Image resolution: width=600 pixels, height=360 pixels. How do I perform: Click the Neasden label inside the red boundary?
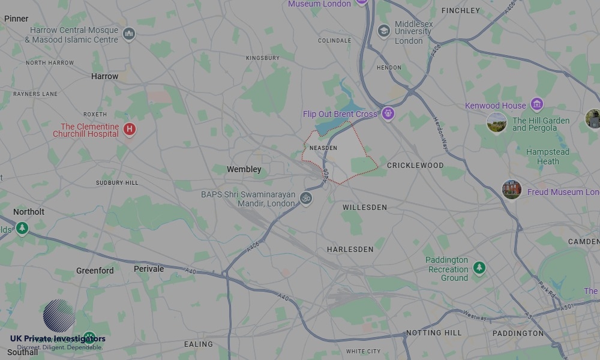pyautogui.click(x=323, y=148)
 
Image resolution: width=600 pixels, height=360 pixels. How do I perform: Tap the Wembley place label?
pyautogui.click(x=244, y=170)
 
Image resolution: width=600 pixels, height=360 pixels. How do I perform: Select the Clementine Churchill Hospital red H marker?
pyautogui.click(x=129, y=129)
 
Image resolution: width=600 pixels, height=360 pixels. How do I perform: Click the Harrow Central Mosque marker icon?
pyautogui.click(x=128, y=34)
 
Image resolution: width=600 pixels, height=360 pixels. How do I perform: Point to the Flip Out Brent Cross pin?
pyautogui.click(x=388, y=113)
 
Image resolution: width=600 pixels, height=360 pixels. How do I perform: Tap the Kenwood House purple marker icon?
pyautogui.click(x=536, y=104)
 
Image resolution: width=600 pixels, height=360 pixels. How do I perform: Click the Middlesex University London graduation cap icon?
pyautogui.click(x=384, y=31)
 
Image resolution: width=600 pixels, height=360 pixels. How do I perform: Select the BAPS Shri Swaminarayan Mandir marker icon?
pyautogui.click(x=306, y=198)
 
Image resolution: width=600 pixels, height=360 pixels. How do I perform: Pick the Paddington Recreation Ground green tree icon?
pyautogui.click(x=479, y=267)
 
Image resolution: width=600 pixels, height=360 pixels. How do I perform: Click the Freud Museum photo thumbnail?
pyautogui.click(x=512, y=190)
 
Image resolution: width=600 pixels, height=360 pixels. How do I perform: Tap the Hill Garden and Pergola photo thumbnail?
pyautogui.click(x=496, y=123)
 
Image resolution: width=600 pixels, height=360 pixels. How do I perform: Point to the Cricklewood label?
pyautogui.click(x=415, y=166)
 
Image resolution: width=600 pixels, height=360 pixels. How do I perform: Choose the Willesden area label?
pyautogui.click(x=365, y=208)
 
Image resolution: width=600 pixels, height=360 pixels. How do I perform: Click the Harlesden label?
pyautogui.click(x=350, y=250)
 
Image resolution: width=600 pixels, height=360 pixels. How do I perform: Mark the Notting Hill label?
pyautogui.click(x=434, y=333)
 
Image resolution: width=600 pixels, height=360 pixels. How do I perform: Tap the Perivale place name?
pyautogui.click(x=149, y=269)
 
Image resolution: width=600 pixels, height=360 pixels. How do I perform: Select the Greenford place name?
pyautogui.click(x=95, y=271)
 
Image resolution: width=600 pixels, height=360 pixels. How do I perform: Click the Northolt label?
pyautogui.click(x=29, y=212)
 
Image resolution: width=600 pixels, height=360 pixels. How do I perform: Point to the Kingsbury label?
pyautogui.click(x=263, y=58)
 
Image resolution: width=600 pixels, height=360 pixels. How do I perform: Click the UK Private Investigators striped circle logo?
pyautogui.click(x=59, y=316)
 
